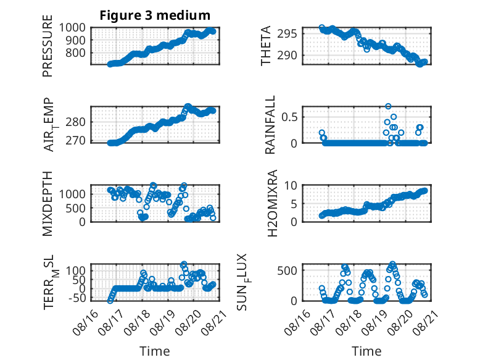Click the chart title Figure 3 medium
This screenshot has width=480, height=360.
pyautogui.click(x=155, y=15)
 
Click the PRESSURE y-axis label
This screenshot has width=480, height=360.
pyautogui.click(x=48, y=46)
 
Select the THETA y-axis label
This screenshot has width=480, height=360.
pyautogui.click(x=266, y=46)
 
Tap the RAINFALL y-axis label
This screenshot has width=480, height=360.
pyautogui.click(x=270, y=125)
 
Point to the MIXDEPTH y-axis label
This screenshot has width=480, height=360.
pyautogui.click(x=48, y=204)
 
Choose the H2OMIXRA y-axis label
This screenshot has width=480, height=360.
pyautogui.click(x=272, y=203)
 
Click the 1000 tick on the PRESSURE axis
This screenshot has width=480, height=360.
pyautogui.click(x=72, y=28)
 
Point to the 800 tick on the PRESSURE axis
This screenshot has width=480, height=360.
pyautogui.click(x=76, y=52)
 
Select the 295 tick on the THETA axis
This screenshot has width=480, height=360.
pyautogui.click(x=287, y=33)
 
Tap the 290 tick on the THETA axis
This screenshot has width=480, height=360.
pyautogui.click(x=287, y=56)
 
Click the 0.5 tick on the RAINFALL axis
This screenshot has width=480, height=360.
pyautogui.click(x=289, y=117)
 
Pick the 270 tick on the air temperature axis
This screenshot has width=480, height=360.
pyautogui.click(x=76, y=141)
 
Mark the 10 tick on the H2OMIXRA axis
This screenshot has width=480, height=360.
pyautogui.click(x=291, y=185)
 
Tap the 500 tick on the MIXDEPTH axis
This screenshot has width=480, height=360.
pyautogui.click(x=76, y=208)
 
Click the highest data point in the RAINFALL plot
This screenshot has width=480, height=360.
pyautogui.click(x=388, y=106)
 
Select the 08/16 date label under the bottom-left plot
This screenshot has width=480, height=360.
pyautogui.click(x=86, y=323)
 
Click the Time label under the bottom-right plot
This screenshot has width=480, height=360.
pyautogui.click(x=366, y=351)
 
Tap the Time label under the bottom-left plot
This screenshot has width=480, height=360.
pyautogui.click(x=155, y=351)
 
